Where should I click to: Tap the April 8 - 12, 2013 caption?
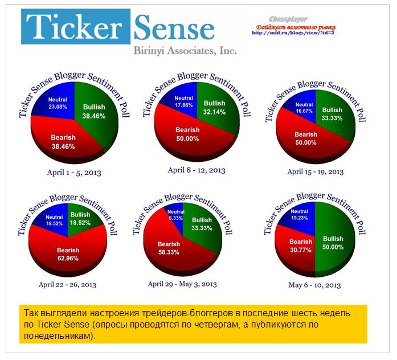coord(197,170)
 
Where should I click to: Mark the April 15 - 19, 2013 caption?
coord(315,171)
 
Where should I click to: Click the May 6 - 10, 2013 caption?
coord(314,284)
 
